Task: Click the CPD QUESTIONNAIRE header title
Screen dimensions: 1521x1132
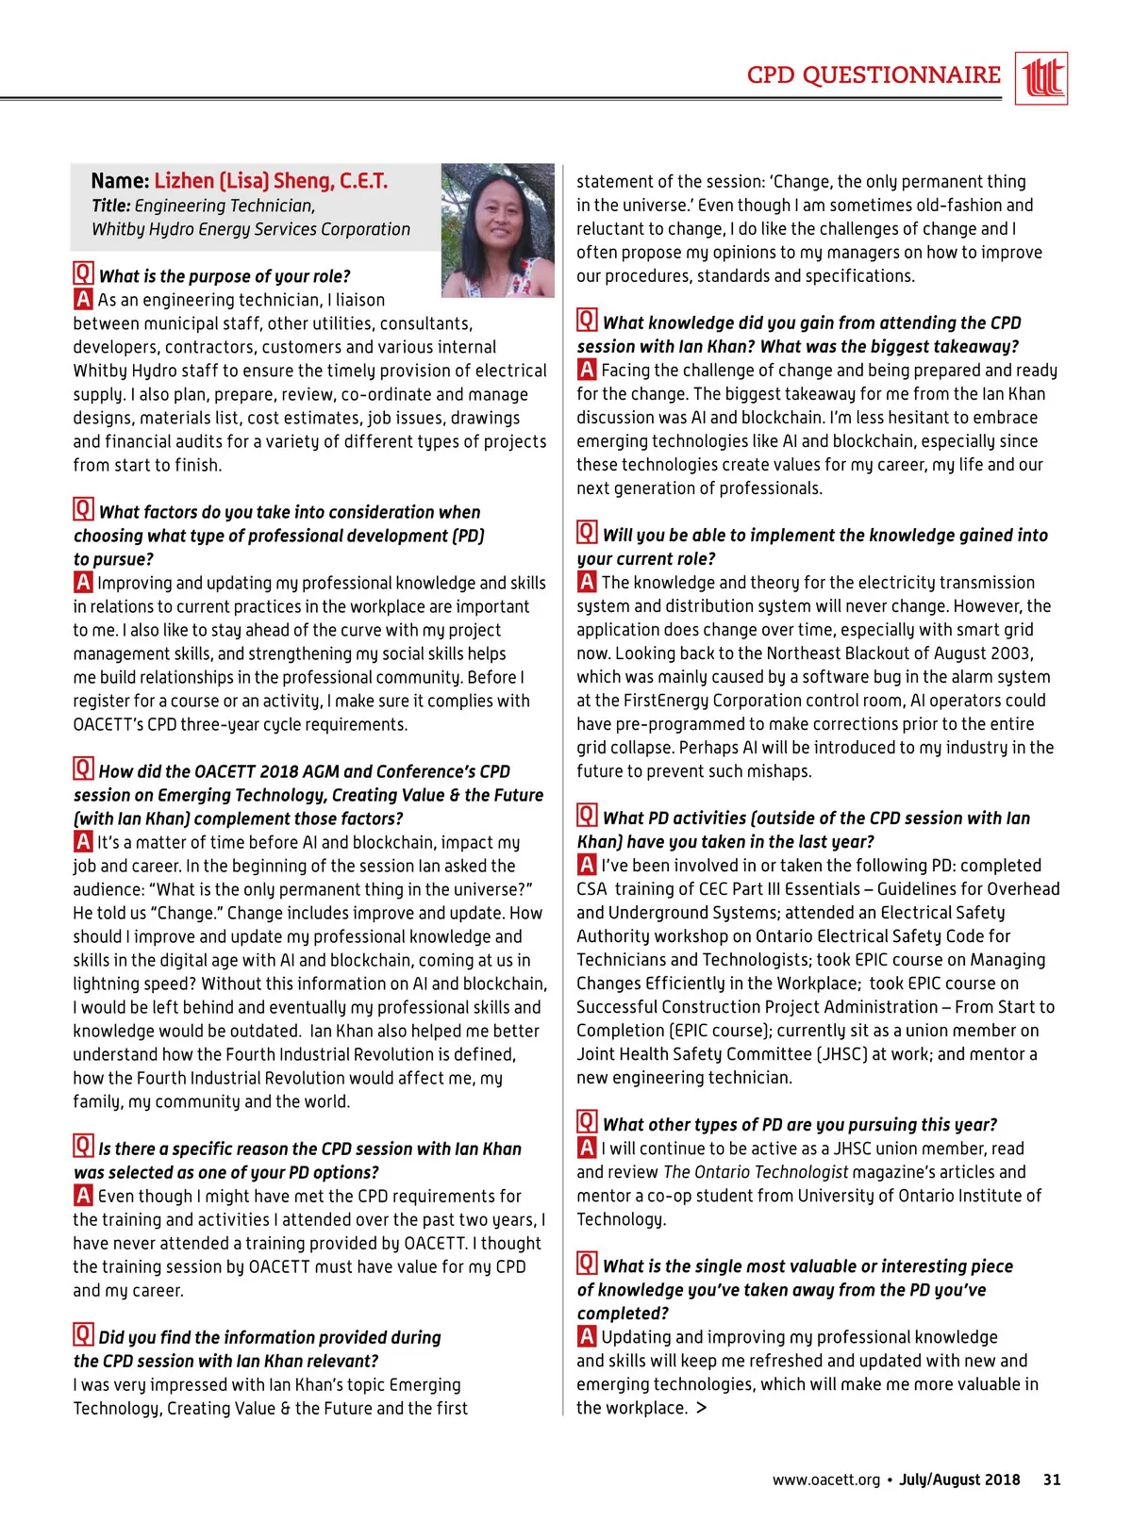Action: click(874, 75)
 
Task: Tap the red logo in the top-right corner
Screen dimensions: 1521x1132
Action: click(1042, 78)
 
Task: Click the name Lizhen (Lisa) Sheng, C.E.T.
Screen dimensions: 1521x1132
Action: click(271, 181)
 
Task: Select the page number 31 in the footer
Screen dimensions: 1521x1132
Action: click(1052, 1480)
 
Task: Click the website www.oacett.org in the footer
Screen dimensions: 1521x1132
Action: click(825, 1480)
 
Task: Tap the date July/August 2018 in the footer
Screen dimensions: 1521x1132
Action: click(959, 1480)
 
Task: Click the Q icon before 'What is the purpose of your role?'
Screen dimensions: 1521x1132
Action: click(84, 274)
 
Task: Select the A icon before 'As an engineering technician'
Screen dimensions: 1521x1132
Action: click(84, 299)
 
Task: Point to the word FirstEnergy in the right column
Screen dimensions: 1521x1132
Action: click(665, 701)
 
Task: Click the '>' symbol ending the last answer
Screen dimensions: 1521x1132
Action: click(701, 1408)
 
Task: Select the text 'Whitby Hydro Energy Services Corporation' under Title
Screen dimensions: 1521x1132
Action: click(251, 229)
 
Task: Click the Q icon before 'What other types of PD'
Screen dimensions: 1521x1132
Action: click(588, 1122)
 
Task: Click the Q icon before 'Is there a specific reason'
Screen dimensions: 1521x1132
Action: click(84, 1147)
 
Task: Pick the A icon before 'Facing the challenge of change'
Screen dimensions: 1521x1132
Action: click(587, 370)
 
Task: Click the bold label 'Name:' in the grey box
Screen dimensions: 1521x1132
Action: click(120, 181)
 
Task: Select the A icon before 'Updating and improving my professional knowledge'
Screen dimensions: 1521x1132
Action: click(587, 1336)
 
